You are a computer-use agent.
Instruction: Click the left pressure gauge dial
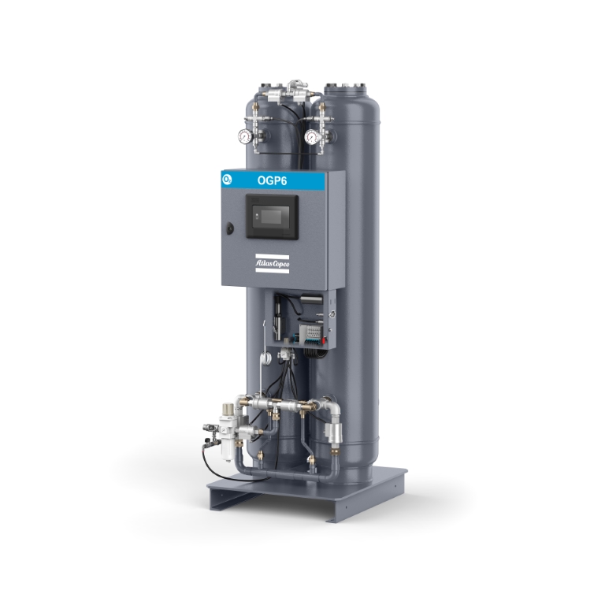point(245,136)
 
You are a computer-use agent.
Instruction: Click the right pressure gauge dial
point(311,136)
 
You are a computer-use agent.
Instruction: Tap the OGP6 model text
point(272,180)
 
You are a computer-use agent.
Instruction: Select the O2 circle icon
point(227,180)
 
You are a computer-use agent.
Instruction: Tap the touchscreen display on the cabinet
point(273,216)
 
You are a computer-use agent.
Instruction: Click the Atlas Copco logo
point(272,264)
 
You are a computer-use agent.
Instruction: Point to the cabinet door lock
point(230,228)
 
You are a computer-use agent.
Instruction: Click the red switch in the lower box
point(324,340)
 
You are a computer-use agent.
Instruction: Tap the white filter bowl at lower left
point(227,449)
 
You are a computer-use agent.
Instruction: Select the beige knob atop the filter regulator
point(228,408)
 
